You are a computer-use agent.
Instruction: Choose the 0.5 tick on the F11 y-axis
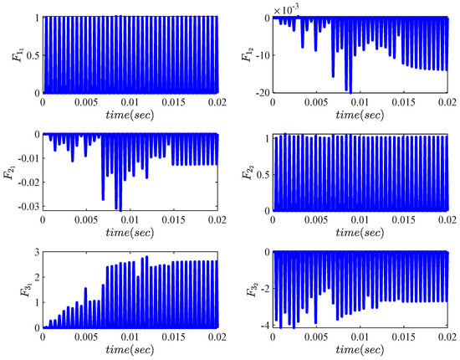[30, 54]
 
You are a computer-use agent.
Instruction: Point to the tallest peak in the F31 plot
[147, 258]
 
